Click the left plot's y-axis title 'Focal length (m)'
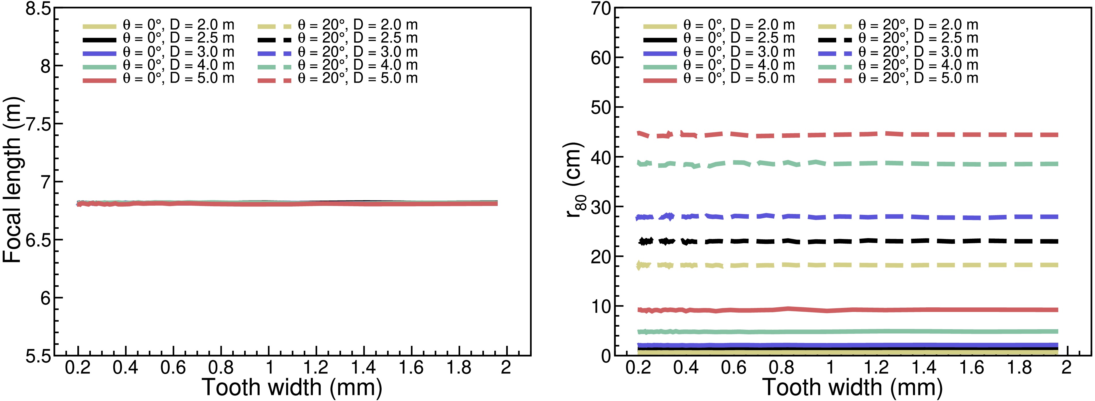click(x=13, y=180)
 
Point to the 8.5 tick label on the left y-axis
click(x=38, y=9)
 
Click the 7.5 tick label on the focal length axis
click(x=38, y=124)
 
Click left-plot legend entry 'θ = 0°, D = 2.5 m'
click(x=179, y=38)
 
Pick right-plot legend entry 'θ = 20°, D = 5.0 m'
click(x=918, y=78)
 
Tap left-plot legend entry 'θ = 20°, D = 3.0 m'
click(x=357, y=52)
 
